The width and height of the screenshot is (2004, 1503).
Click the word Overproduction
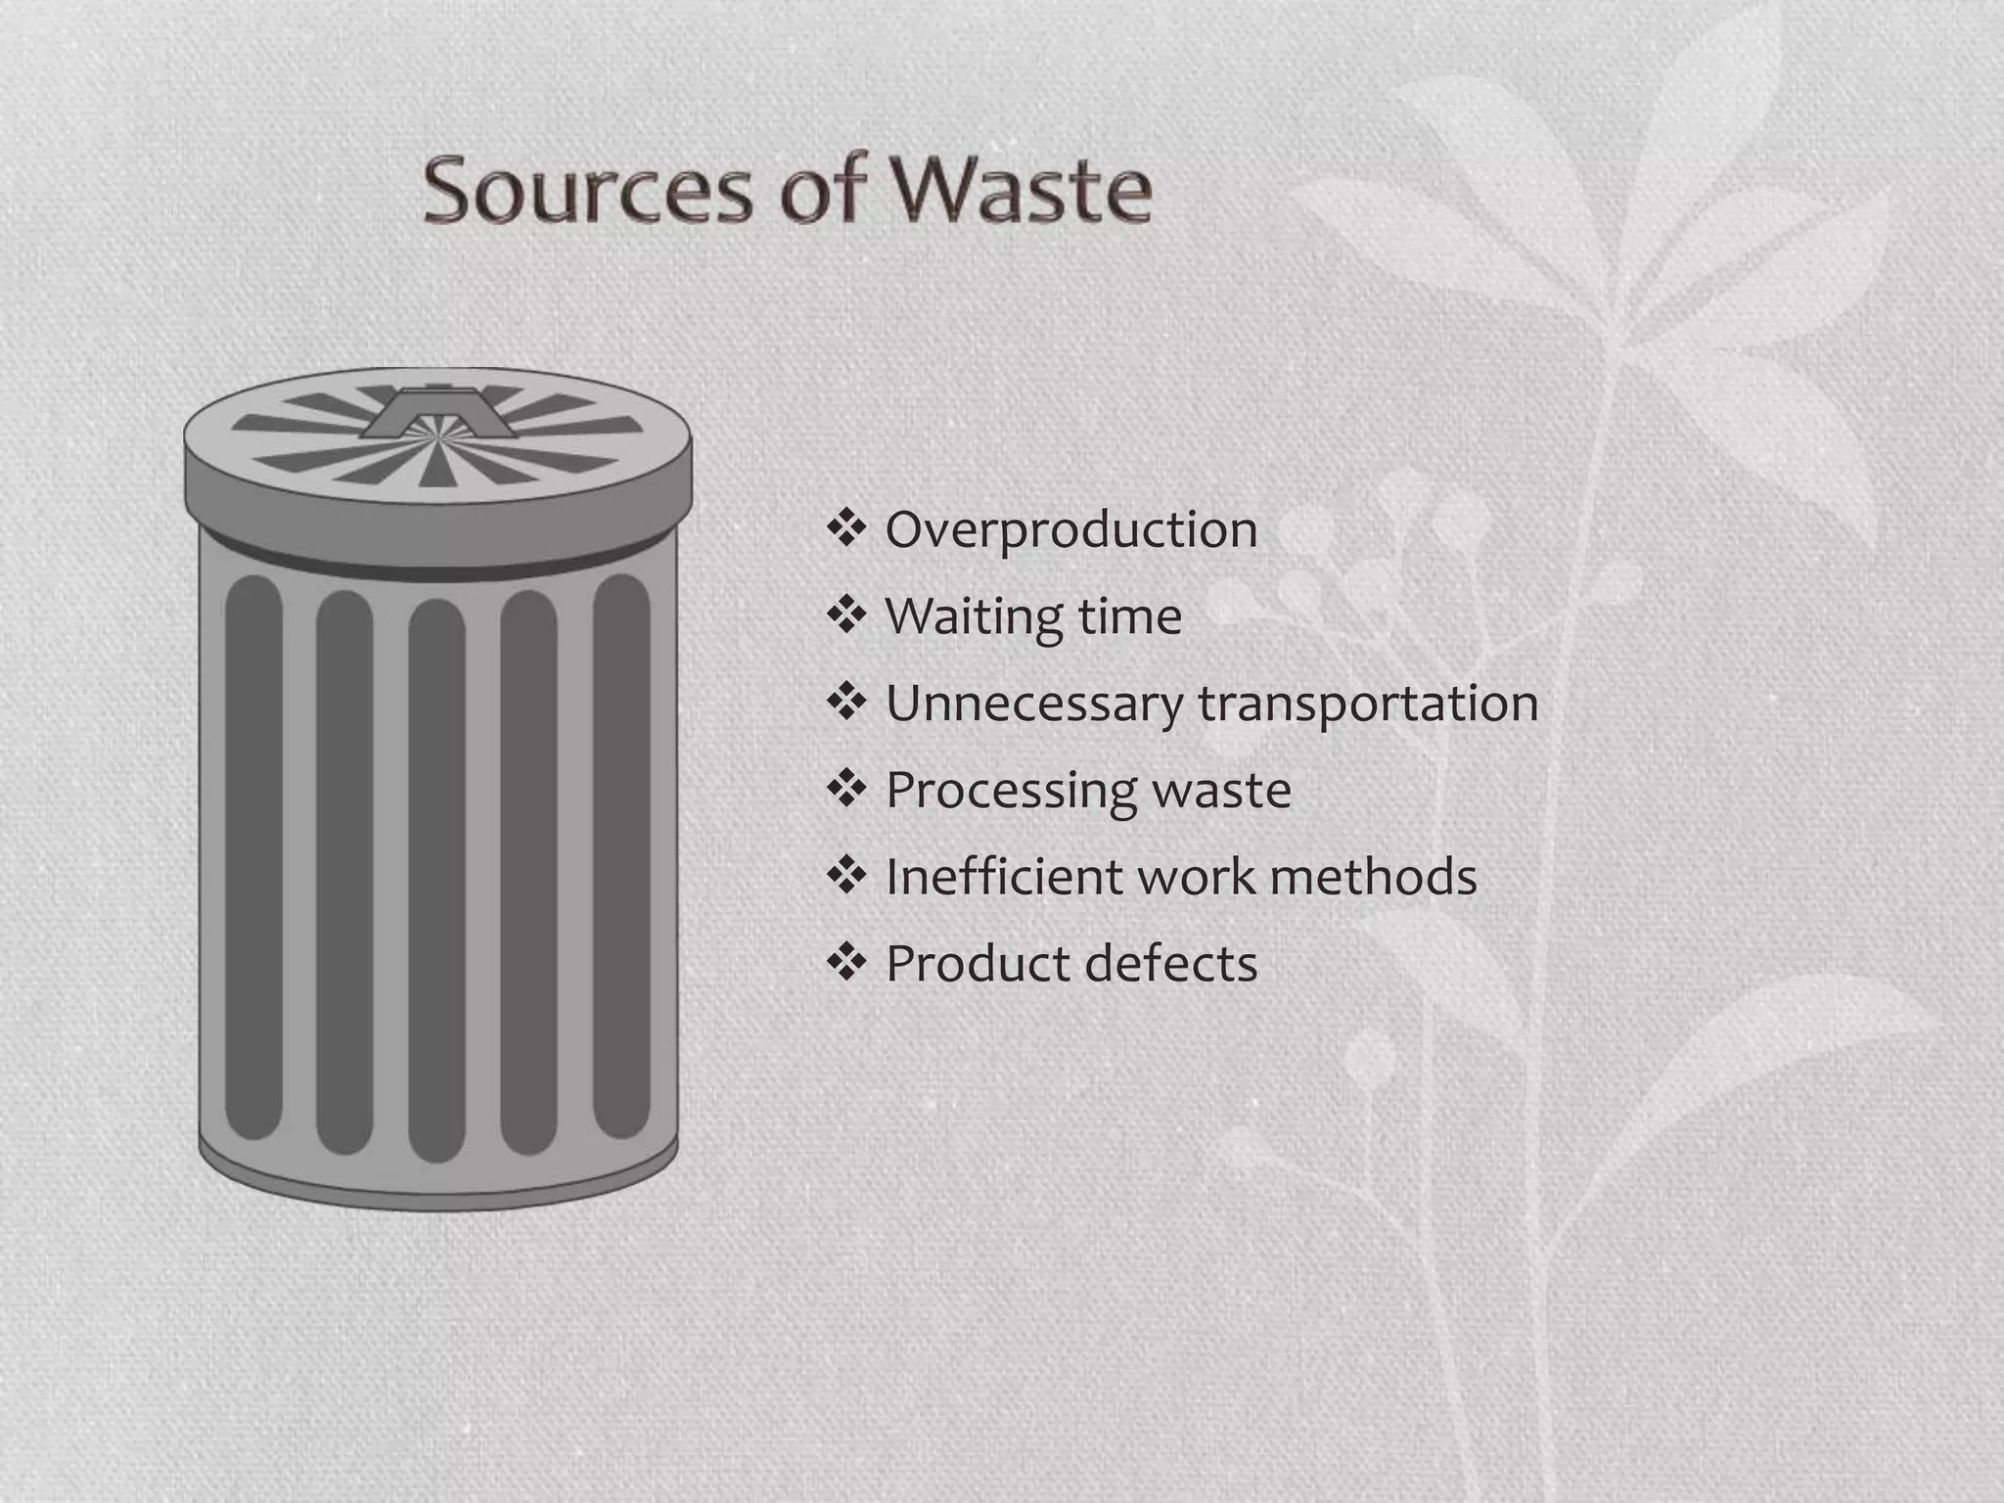[x=1070, y=531]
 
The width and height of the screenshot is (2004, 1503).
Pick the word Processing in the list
[x=1008, y=791]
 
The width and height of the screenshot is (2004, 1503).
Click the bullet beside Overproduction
[x=846, y=528]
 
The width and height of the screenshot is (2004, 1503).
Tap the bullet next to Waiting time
[x=846, y=615]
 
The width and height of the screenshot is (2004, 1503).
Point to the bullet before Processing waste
[x=846, y=788]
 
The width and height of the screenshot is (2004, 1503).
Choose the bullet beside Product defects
[x=846, y=962]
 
